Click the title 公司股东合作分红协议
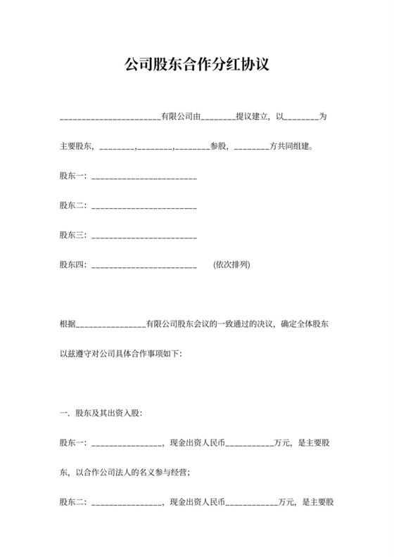point(197,65)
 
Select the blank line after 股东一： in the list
point(144,177)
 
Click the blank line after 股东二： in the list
point(144,206)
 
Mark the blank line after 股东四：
point(144,266)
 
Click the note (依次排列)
point(231,265)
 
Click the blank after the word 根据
point(109,325)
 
